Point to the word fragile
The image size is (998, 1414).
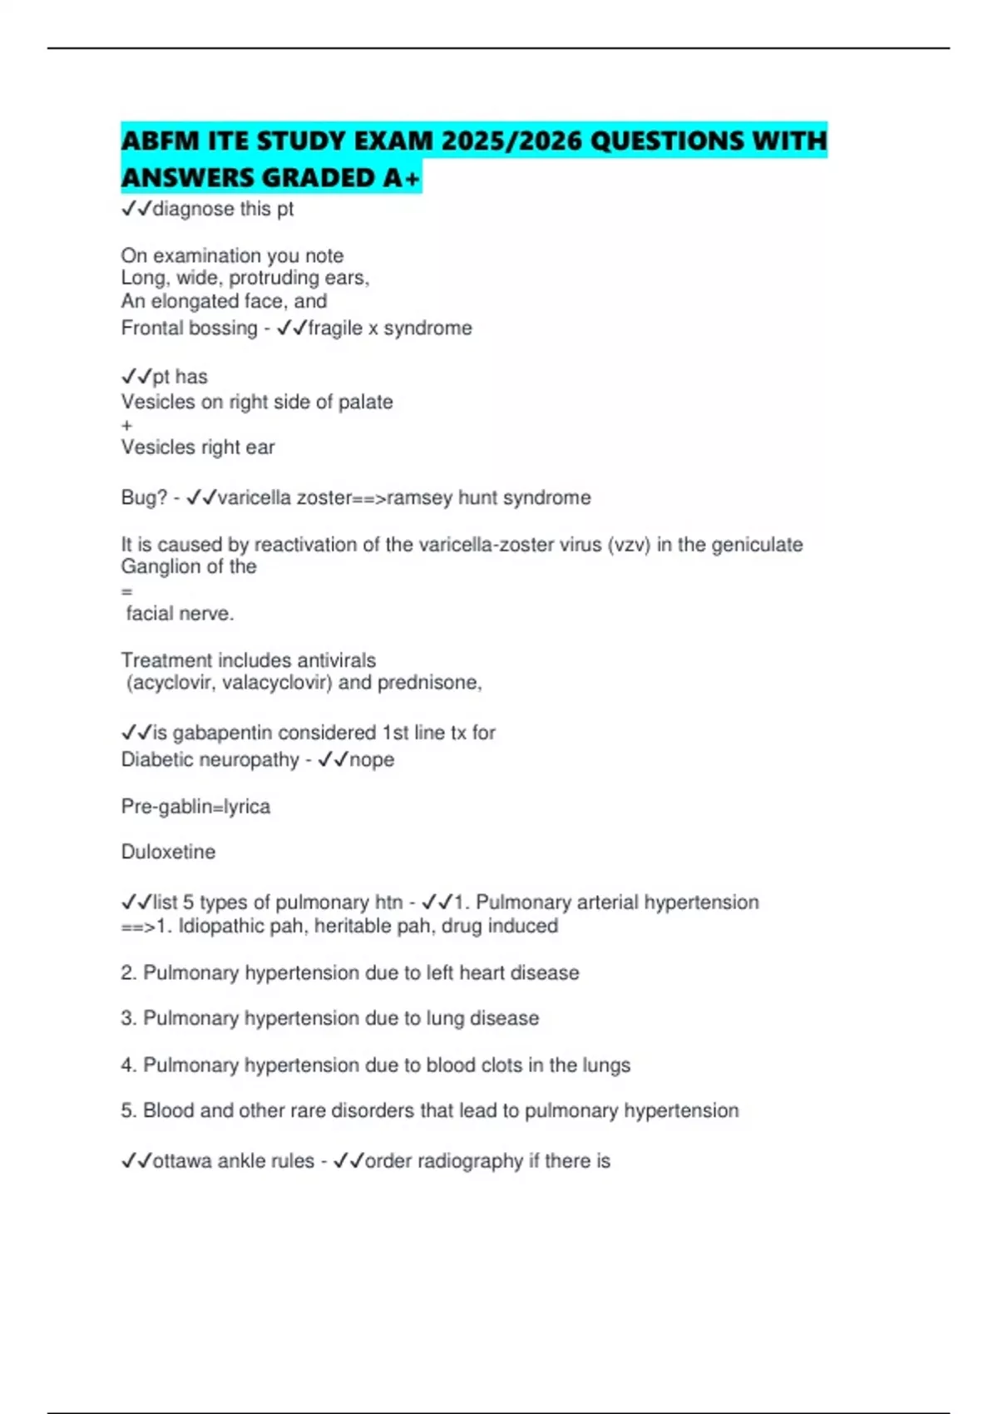point(335,329)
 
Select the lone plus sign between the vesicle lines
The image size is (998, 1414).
point(126,426)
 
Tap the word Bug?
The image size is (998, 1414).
point(144,498)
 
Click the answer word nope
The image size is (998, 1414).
point(372,760)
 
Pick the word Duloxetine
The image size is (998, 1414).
point(168,853)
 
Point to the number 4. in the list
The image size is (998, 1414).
point(129,1065)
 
